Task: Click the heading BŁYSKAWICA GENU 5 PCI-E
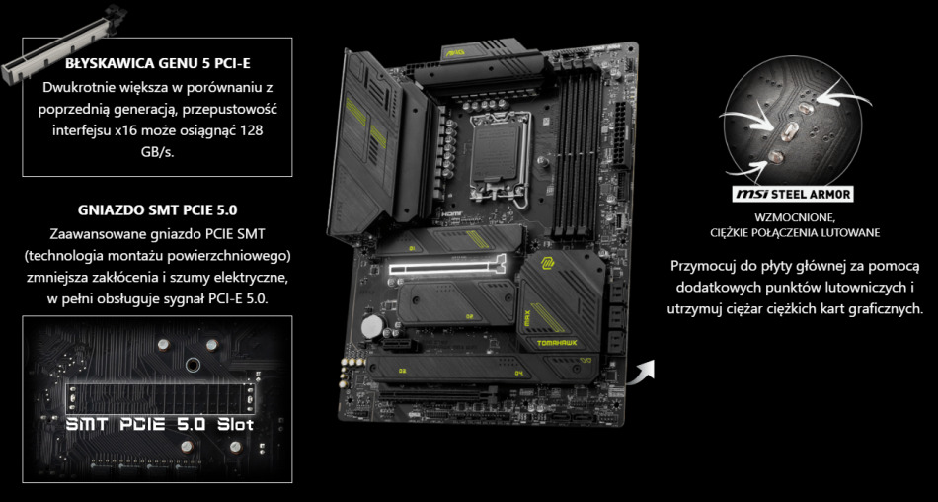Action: tap(157, 63)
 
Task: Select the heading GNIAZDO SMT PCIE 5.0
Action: tap(157, 209)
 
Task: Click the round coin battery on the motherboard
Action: tap(371, 324)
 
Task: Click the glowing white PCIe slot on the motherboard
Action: tap(447, 266)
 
